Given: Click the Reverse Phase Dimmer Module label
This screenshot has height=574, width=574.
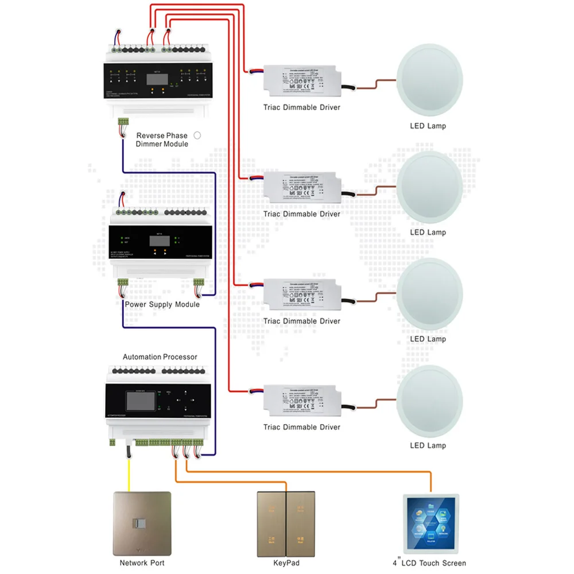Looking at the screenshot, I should coord(162,139).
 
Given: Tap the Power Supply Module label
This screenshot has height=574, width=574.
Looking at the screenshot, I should coord(162,304).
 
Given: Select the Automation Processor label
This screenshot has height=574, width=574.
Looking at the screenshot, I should coord(160,357).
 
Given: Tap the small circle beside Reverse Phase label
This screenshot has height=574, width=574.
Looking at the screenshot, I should coord(197,135).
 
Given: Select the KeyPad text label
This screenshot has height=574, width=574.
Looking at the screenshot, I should coord(286,563).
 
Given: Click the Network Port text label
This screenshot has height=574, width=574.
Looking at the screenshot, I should coord(142,563).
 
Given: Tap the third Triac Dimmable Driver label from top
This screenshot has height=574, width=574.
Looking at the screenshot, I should coord(301,321).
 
